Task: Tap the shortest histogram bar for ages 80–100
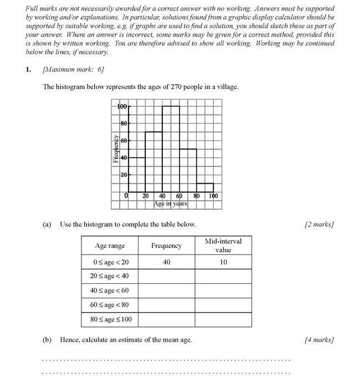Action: point(205,187)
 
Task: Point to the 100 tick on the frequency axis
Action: point(122,106)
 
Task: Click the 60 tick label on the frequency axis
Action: point(124,141)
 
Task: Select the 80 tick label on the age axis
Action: point(197,196)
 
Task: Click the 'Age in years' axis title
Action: point(171,204)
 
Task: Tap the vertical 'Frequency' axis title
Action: point(115,149)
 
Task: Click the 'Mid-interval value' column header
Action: point(223,246)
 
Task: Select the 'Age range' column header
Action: point(110,246)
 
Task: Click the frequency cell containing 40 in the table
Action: point(167,262)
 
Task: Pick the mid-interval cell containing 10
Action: point(223,262)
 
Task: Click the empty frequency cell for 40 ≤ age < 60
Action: point(167,290)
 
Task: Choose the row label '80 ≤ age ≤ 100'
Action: point(111,319)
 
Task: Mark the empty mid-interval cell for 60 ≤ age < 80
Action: point(223,305)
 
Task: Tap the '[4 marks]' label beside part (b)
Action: point(319,340)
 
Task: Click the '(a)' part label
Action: point(47,224)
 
